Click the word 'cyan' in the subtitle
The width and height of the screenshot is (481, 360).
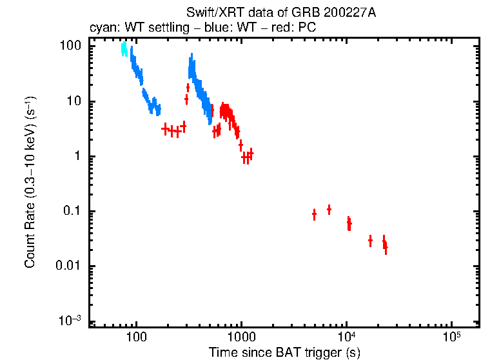point(101,28)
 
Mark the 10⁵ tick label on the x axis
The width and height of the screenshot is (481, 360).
point(451,336)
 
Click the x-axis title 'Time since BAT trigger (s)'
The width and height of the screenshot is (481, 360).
point(284,352)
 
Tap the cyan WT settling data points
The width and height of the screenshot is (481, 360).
point(124,50)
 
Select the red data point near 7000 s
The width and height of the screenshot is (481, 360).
point(329,209)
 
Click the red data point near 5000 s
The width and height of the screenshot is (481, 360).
point(314,214)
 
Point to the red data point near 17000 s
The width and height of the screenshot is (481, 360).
point(370,241)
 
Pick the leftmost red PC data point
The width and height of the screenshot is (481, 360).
point(165,129)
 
